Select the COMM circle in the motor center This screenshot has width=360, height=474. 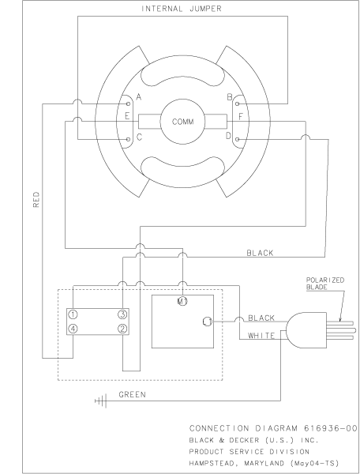point(182,122)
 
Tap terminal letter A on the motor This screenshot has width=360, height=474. point(139,96)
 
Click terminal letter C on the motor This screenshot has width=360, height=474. point(139,137)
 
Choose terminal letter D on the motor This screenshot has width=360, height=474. point(229,137)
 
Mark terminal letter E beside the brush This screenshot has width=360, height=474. point(139,115)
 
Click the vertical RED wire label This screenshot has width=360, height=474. point(36,201)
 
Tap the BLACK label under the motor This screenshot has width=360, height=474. point(261,254)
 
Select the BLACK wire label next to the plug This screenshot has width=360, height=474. point(261,318)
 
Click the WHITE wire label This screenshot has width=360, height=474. point(261,335)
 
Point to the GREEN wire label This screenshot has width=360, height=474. point(133,393)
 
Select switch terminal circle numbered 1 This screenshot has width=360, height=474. point(73,314)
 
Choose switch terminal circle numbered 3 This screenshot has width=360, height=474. point(122,314)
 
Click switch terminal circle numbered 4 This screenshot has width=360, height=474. point(73,328)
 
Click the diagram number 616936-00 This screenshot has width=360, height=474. point(324,427)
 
